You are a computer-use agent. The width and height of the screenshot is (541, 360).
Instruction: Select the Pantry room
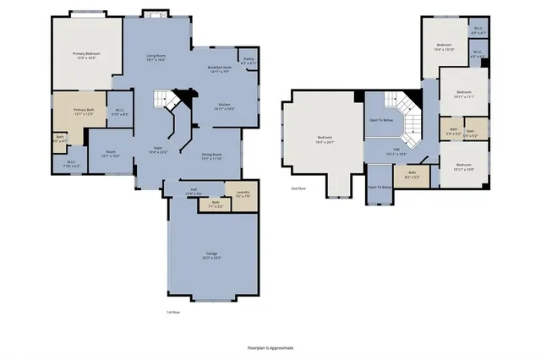point(249,61)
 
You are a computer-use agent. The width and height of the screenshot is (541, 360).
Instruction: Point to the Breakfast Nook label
point(221,69)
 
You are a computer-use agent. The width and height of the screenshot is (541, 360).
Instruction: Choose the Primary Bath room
point(84,112)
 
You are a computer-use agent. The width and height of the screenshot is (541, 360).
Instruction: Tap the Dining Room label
point(211,156)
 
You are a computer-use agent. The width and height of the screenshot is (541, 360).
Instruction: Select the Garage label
point(211,254)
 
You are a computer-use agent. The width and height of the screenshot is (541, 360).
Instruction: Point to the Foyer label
point(158,149)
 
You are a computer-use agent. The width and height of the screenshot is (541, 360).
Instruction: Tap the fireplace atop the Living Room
point(155,14)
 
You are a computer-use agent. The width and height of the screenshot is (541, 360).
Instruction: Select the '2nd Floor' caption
point(298,188)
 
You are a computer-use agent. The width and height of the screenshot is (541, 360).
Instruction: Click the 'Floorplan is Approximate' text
point(270,346)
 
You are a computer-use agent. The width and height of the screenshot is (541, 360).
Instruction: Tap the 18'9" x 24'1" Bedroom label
point(325,139)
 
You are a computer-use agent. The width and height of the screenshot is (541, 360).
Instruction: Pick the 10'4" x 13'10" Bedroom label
point(445,47)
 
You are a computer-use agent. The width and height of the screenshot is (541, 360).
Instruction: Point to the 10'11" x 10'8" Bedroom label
point(463,167)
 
